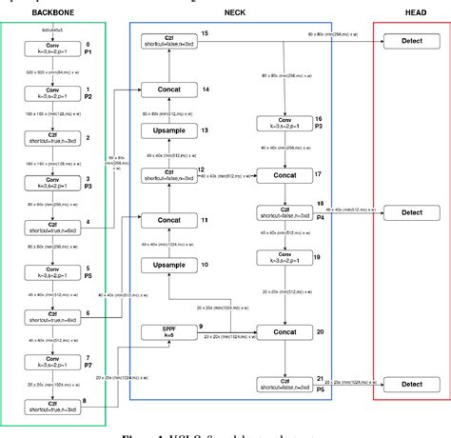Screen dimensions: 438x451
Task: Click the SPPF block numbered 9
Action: tap(167, 332)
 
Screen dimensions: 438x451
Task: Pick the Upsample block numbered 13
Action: tap(167, 130)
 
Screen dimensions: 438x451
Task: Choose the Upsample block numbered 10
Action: tap(167, 265)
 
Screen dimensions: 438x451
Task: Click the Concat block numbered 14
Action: tap(167, 90)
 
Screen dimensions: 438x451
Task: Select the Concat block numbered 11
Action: tap(167, 221)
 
